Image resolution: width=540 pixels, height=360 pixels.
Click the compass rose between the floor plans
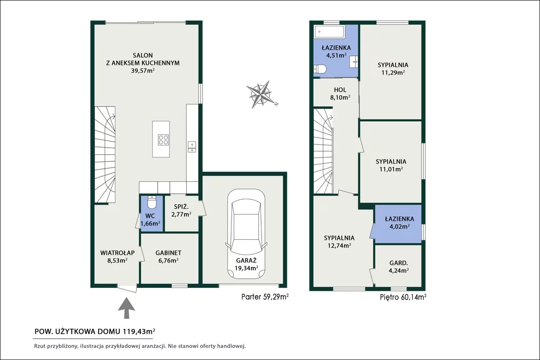coord(261,94)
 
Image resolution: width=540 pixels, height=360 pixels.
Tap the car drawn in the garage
coord(246,233)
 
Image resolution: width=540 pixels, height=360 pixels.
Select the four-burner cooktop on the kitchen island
coord(163,139)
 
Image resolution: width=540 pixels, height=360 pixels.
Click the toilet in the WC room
coord(151,202)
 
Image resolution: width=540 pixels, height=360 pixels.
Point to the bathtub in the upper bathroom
coord(330,32)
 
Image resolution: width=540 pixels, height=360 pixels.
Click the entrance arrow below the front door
coord(127,308)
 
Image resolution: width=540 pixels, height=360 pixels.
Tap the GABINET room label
coord(168,252)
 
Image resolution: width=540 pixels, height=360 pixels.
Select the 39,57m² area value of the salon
coord(142,71)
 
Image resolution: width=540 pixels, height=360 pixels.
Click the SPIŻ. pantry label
coord(181,207)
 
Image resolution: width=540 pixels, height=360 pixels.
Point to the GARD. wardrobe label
coord(399,263)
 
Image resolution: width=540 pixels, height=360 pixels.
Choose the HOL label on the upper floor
coord(340,90)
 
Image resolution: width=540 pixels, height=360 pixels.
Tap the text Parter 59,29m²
coord(265,297)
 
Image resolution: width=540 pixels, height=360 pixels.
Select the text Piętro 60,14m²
coord(403,297)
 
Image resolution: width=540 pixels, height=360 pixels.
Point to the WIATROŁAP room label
coord(118,252)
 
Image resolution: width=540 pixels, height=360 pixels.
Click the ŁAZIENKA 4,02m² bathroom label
coord(400,222)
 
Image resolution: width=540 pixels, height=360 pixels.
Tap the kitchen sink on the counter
coord(192,147)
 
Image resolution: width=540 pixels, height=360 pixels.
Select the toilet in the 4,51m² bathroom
coord(320,69)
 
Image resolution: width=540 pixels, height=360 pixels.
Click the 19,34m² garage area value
coord(246,268)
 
